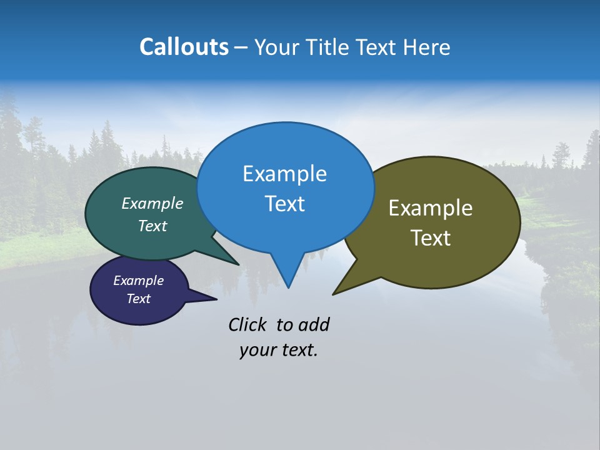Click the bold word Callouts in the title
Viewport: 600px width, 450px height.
tap(184, 47)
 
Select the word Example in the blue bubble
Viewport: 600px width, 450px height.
tap(284, 174)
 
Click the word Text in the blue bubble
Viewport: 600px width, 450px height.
tap(284, 203)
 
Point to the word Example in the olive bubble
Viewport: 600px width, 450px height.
tap(431, 208)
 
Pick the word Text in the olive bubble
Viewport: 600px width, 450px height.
tap(431, 237)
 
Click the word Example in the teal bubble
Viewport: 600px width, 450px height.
tap(152, 203)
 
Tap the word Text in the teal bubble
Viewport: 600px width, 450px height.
tap(152, 226)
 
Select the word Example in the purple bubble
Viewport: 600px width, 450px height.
tap(138, 281)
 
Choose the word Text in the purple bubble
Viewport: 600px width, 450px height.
tap(138, 299)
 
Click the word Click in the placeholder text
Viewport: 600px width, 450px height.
tap(247, 324)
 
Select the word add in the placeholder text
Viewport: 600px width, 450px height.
tap(314, 324)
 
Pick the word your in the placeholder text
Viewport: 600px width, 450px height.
tap(257, 351)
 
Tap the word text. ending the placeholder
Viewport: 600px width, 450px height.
tap(297, 351)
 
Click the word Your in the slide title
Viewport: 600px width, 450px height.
tap(277, 47)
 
